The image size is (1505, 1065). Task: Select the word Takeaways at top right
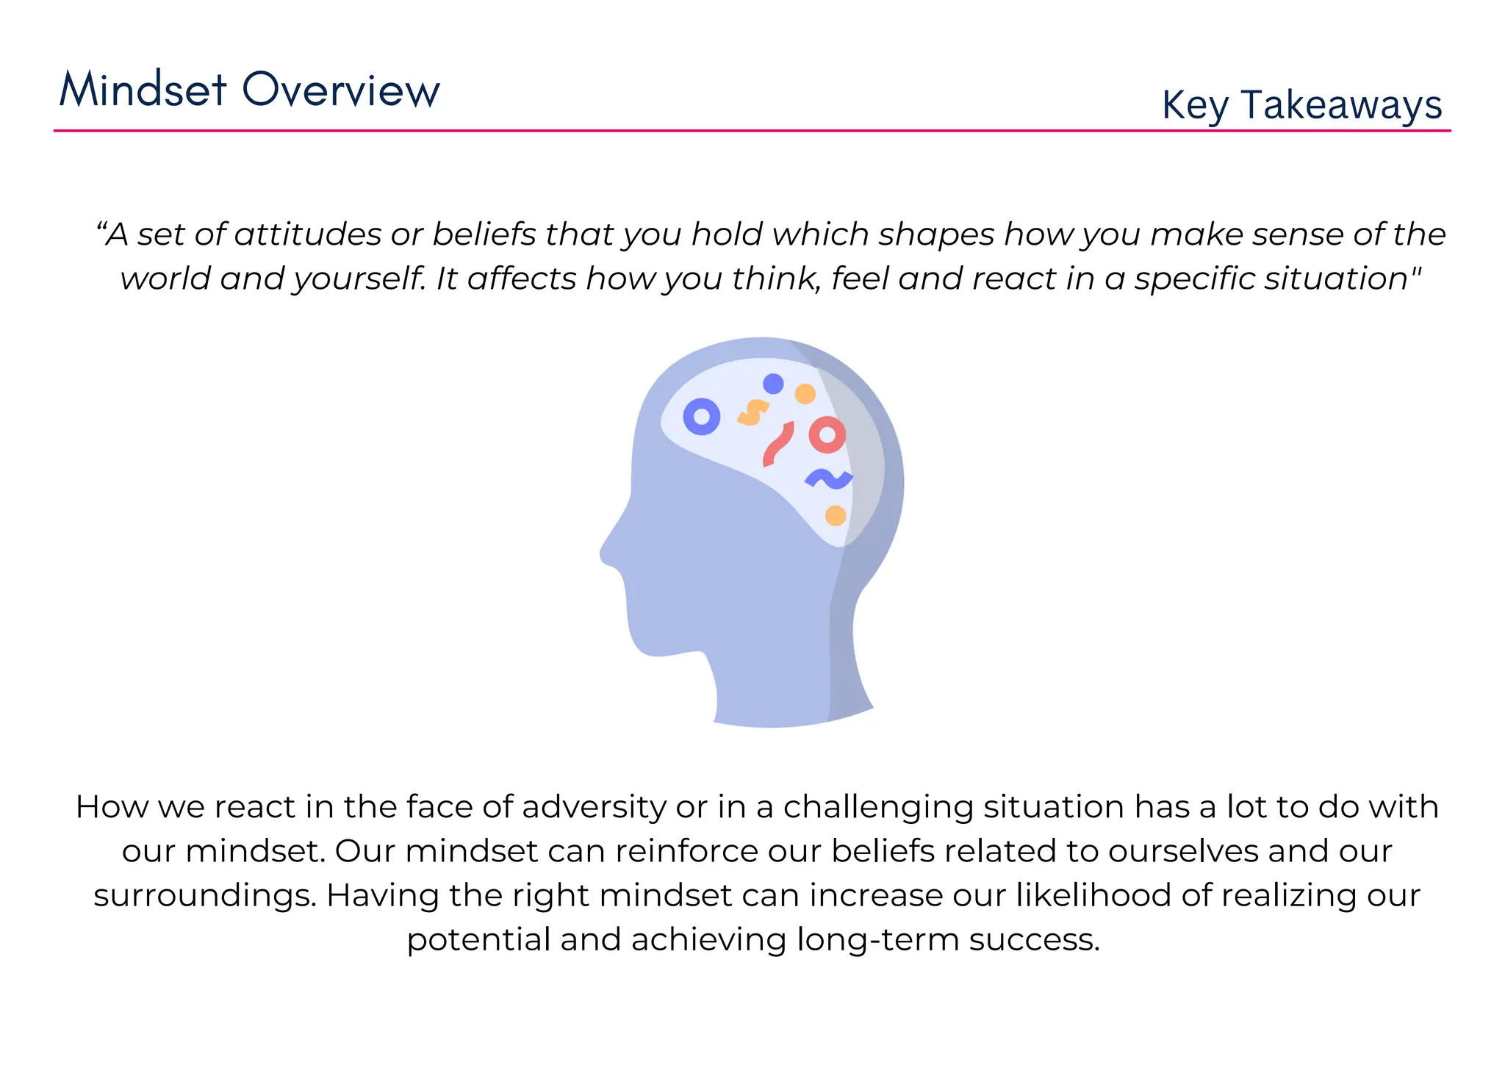[x=1341, y=105]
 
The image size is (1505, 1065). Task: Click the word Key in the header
[x=1195, y=105]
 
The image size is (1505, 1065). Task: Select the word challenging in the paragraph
[x=878, y=807]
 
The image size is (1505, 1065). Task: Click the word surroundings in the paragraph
[x=204, y=895]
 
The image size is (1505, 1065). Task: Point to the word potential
[x=478, y=939]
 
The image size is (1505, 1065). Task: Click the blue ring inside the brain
[x=702, y=417]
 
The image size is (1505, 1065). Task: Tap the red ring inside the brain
[x=827, y=435]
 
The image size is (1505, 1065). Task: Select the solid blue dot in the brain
[x=773, y=384]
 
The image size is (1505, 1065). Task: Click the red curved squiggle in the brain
[x=777, y=443]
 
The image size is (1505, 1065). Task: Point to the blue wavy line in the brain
[x=829, y=479]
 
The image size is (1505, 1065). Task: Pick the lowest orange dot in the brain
[x=836, y=516]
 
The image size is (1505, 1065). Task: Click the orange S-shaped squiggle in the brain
[x=752, y=412]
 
